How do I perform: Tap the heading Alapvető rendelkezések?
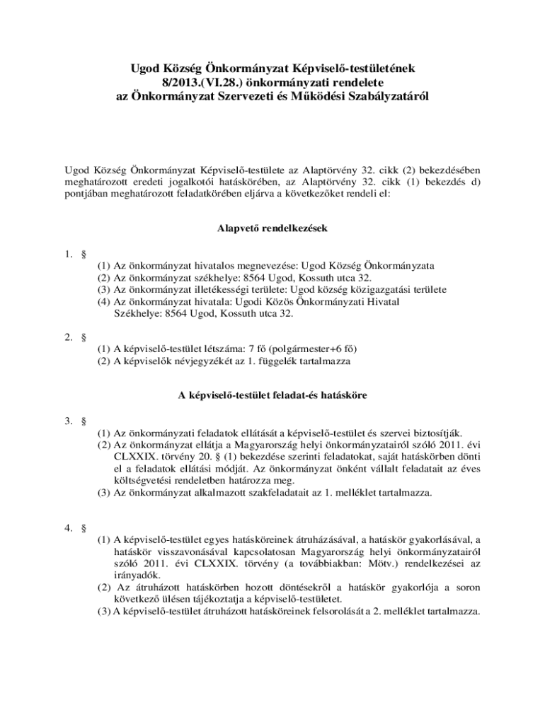pyautogui.click(x=272, y=229)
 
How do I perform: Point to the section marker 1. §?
pyautogui.click(x=76, y=252)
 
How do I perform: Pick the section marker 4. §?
pyautogui.click(x=76, y=527)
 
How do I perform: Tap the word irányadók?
pyautogui.click(x=135, y=576)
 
